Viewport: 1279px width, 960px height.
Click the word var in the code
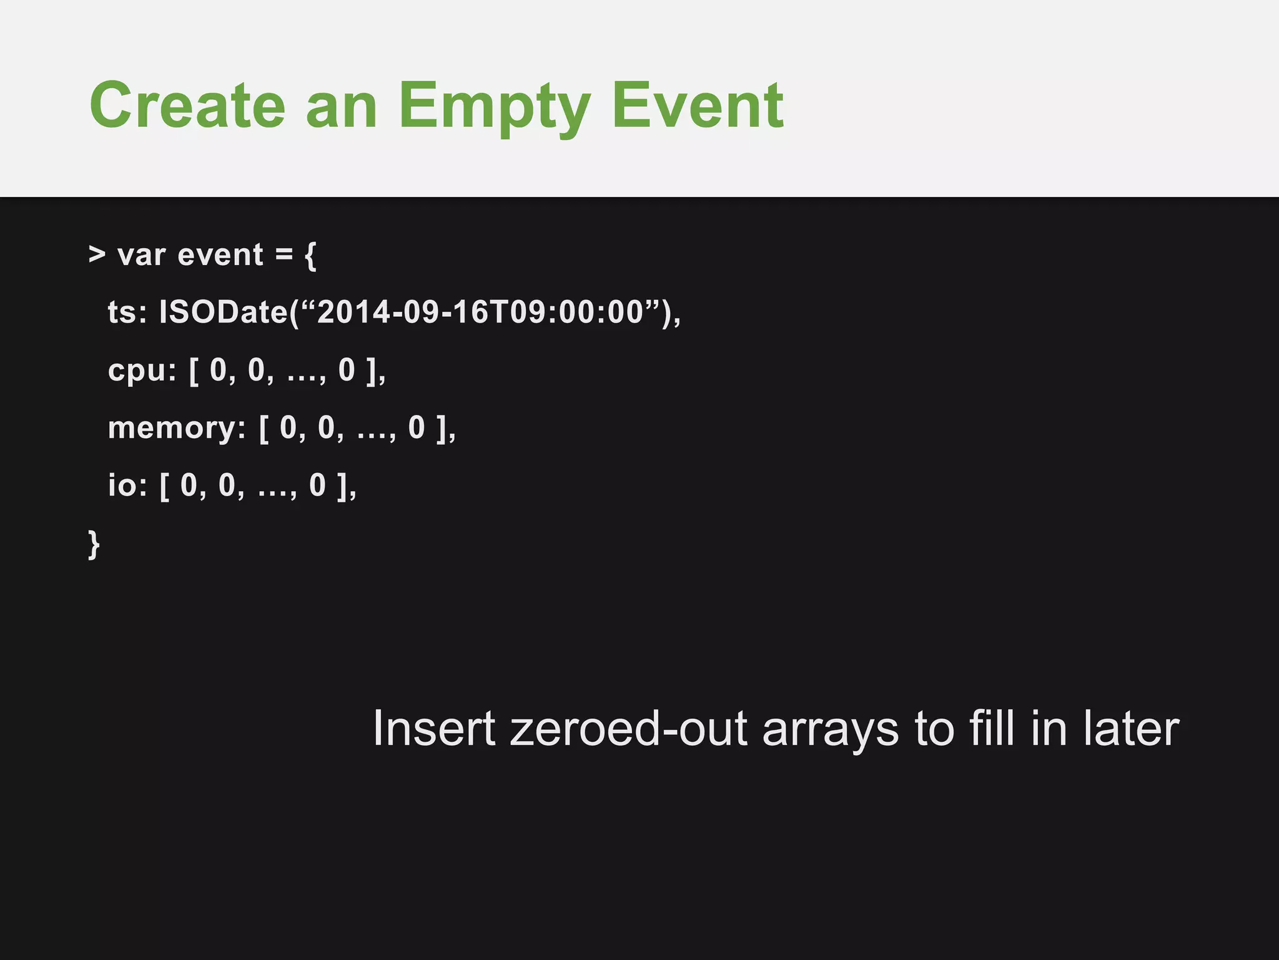click(x=142, y=255)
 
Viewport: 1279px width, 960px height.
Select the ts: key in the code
click(x=127, y=312)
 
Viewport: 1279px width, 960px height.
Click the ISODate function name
click(x=223, y=312)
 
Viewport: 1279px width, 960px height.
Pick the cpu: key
click(x=142, y=371)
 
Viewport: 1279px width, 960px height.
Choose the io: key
click(x=127, y=486)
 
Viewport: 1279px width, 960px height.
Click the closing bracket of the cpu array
click(x=372, y=371)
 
